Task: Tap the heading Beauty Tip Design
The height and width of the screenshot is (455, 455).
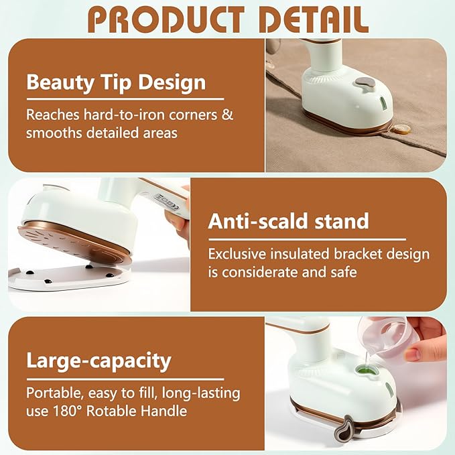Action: (x=115, y=83)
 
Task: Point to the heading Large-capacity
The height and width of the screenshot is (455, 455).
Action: (x=99, y=361)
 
